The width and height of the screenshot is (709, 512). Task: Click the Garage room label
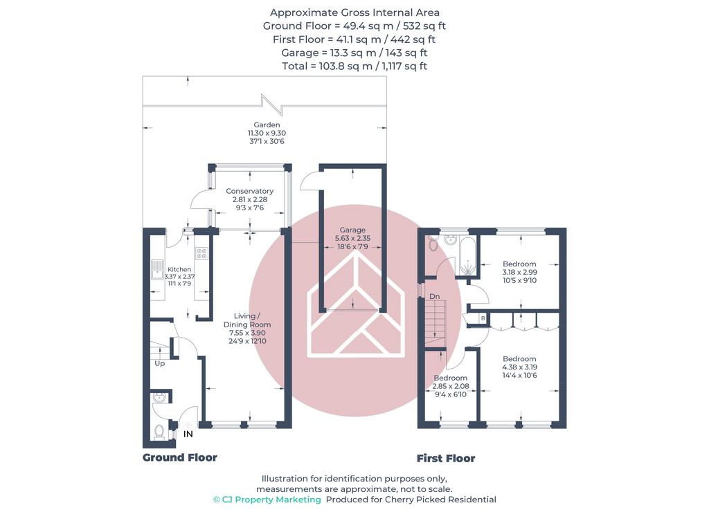coord(352,230)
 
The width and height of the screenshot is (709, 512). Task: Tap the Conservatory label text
coord(249,191)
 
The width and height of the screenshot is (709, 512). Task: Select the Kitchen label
coord(179,269)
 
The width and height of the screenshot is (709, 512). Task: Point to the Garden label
coord(267,125)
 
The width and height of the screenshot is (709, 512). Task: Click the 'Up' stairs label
coord(160,363)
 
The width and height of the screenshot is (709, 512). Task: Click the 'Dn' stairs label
coord(435,296)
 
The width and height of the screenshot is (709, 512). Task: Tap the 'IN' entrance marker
coord(188,435)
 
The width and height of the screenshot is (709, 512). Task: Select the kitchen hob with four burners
coord(201,253)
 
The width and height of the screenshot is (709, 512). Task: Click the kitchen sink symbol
coord(157,269)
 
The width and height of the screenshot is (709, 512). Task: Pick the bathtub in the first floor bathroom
coord(467,256)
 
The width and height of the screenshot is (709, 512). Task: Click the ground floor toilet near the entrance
coord(159,432)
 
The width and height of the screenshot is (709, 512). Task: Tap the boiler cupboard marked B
coord(483,318)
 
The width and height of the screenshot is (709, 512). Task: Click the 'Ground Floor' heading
coord(180,457)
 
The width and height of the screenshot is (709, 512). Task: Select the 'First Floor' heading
coord(446,458)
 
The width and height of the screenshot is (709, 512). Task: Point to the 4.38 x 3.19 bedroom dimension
coord(519,367)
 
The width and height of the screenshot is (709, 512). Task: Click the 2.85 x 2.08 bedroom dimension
coord(450,386)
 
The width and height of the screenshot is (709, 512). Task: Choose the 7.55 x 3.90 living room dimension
coord(247,333)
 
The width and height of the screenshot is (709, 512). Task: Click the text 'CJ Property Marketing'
coord(267,500)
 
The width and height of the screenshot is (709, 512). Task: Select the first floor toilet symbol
coord(433,244)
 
